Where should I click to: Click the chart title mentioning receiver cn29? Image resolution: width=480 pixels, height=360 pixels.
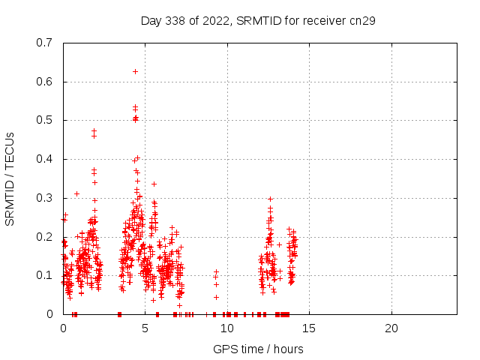(258, 20)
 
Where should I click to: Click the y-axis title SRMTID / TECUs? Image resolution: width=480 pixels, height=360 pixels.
(10, 178)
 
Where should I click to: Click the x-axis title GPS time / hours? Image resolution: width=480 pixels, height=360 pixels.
(258, 349)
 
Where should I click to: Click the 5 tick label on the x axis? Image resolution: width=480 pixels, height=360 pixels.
(145, 328)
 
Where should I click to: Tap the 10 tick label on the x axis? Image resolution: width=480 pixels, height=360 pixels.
(227, 328)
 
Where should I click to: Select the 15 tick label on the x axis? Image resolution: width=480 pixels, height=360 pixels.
(309, 328)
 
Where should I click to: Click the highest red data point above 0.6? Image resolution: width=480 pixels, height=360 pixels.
(135, 71)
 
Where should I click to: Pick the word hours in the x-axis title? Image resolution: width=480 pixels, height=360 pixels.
(288, 349)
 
